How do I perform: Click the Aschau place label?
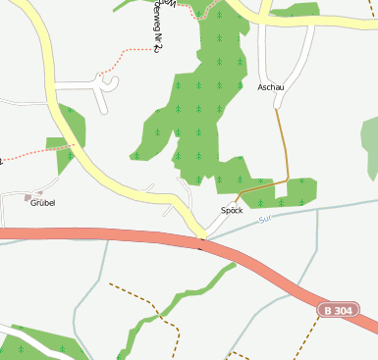pyautogui.click(x=271, y=87)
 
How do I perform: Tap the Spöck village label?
pyautogui.click(x=232, y=210)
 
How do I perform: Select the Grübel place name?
pyautogui.click(x=42, y=203)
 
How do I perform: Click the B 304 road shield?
pyautogui.click(x=337, y=310)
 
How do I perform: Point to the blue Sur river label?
pyautogui.click(x=264, y=219)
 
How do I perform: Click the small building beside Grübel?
pyautogui.click(x=39, y=195)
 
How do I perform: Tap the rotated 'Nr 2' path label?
pyautogui.click(x=157, y=32)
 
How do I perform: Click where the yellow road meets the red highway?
pyautogui.click(x=202, y=238)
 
